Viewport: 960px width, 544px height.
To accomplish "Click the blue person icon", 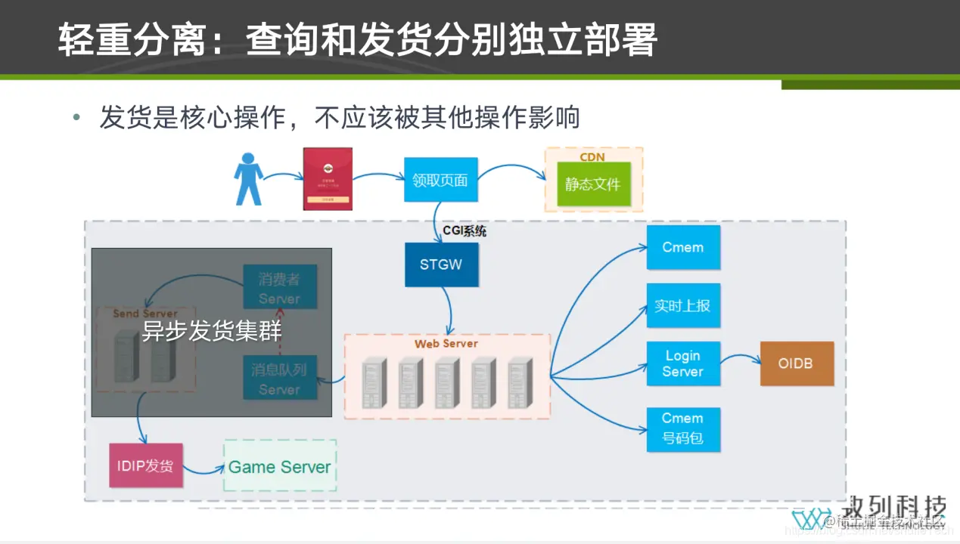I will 248,179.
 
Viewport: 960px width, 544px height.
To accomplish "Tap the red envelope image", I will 328,179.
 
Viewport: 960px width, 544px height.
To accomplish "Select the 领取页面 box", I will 440,180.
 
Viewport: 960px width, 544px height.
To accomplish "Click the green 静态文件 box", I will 593,184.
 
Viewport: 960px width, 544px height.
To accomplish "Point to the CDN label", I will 592,156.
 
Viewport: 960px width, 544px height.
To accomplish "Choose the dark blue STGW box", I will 441,264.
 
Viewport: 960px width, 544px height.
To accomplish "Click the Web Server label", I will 446,344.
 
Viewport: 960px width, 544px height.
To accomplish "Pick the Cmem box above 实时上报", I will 682,247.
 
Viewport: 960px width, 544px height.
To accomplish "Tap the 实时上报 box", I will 682,305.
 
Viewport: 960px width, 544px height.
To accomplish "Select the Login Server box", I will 682,363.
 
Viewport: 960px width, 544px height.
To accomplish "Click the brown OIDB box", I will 796,363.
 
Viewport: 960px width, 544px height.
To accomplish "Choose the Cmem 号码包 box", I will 682,428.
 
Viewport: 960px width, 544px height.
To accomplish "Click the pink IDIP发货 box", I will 146,465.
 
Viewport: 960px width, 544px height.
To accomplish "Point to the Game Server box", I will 280,466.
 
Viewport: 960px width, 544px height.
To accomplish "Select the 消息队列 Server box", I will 279,379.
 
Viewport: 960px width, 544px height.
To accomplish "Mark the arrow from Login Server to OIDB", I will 740,363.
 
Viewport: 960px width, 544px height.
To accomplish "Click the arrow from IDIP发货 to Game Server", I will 203,470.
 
